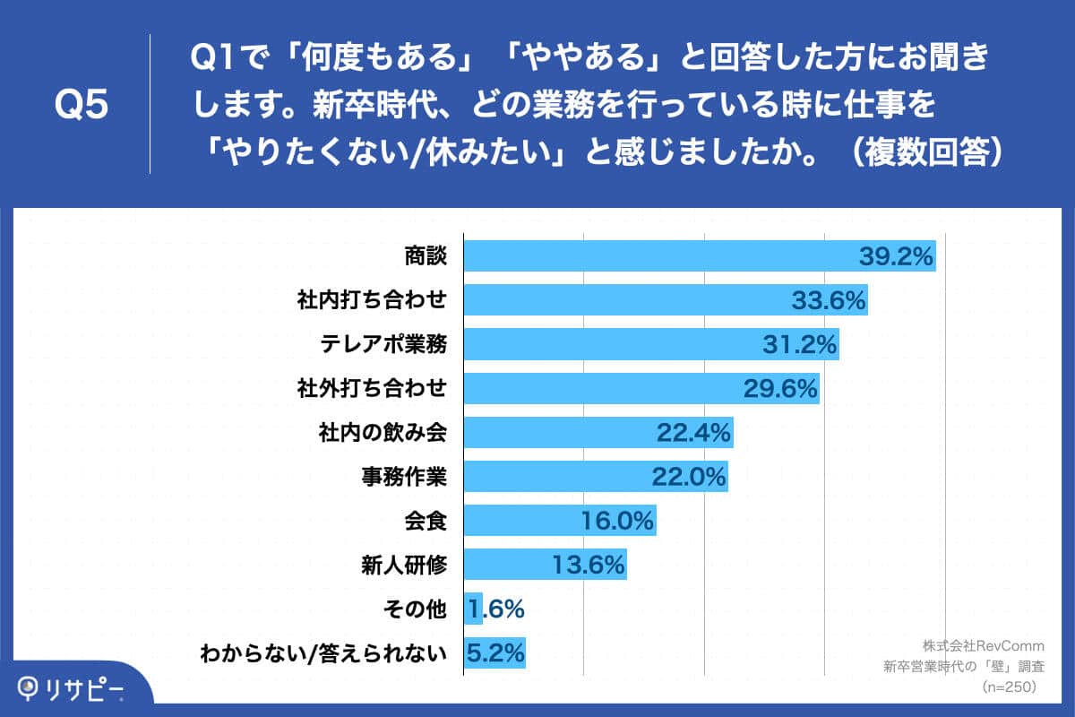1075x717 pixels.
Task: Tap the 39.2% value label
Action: coord(897,257)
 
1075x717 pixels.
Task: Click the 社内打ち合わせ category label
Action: coord(372,300)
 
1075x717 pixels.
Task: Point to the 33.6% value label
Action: coord(829,300)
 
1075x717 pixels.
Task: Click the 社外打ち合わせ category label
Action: coord(372,388)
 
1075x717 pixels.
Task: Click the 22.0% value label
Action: coord(688,477)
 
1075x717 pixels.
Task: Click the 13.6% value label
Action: coord(586,565)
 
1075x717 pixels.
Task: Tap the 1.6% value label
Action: coord(494,609)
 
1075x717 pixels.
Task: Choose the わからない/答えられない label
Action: coord(322,653)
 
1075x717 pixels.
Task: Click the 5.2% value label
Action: coord(494,653)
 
